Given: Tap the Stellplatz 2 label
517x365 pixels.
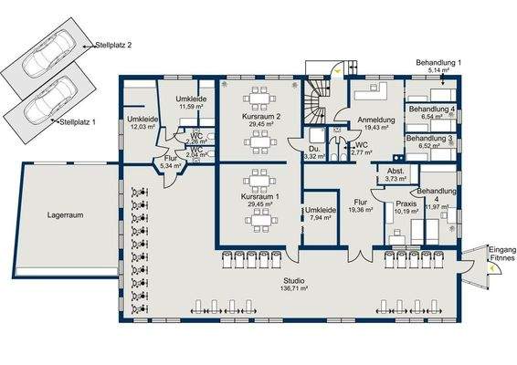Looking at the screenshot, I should tap(115, 44).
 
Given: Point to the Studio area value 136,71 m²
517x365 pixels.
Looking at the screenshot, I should tap(294, 289).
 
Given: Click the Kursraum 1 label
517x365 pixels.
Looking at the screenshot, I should tap(259, 197).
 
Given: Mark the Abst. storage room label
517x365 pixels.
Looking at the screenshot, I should tap(396, 171).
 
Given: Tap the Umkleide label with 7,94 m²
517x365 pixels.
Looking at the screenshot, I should tap(322, 210).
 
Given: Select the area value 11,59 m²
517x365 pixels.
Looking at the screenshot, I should tap(189, 107).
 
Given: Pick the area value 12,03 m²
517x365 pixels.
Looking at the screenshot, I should tap(142, 127).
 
